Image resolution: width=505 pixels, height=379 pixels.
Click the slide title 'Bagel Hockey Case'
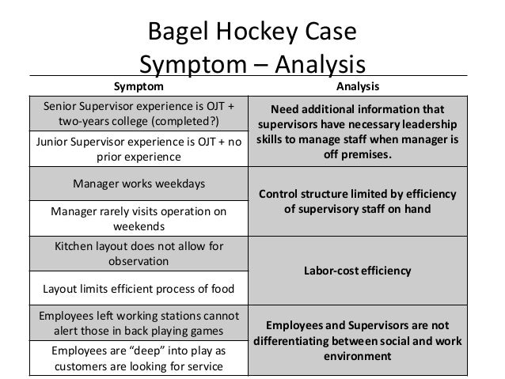click(252, 32)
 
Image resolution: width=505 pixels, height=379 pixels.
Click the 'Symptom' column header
click(139, 85)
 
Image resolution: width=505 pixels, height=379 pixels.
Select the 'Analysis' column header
click(357, 85)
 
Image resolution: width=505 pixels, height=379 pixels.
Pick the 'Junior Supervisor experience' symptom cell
click(139, 148)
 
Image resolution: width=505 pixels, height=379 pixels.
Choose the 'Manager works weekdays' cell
click(139, 184)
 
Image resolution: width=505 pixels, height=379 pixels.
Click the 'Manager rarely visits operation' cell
click(139, 219)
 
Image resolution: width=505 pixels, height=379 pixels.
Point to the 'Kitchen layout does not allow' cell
click(139, 253)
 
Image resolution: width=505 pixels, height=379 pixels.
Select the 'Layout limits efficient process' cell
click(139, 287)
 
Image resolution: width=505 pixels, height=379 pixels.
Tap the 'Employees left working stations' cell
click(139, 321)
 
